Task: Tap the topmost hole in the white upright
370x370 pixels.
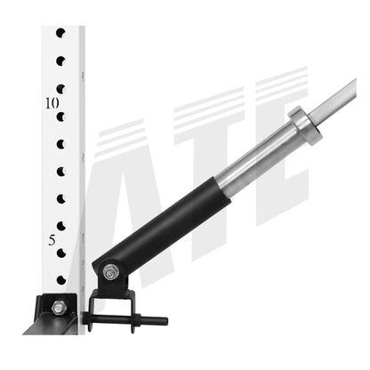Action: coord(60,34)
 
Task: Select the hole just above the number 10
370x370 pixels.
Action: coord(60,89)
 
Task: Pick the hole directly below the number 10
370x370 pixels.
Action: coord(60,117)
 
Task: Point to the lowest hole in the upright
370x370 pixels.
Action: coord(60,280)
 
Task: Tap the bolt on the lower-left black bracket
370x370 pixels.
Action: coord(58,307)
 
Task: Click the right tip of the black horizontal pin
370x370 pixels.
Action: coord(164,320)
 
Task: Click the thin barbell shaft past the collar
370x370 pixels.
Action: coord(342,96)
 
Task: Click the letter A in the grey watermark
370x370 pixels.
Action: coord(125,205)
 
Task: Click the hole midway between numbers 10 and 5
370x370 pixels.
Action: coord(60,171)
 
